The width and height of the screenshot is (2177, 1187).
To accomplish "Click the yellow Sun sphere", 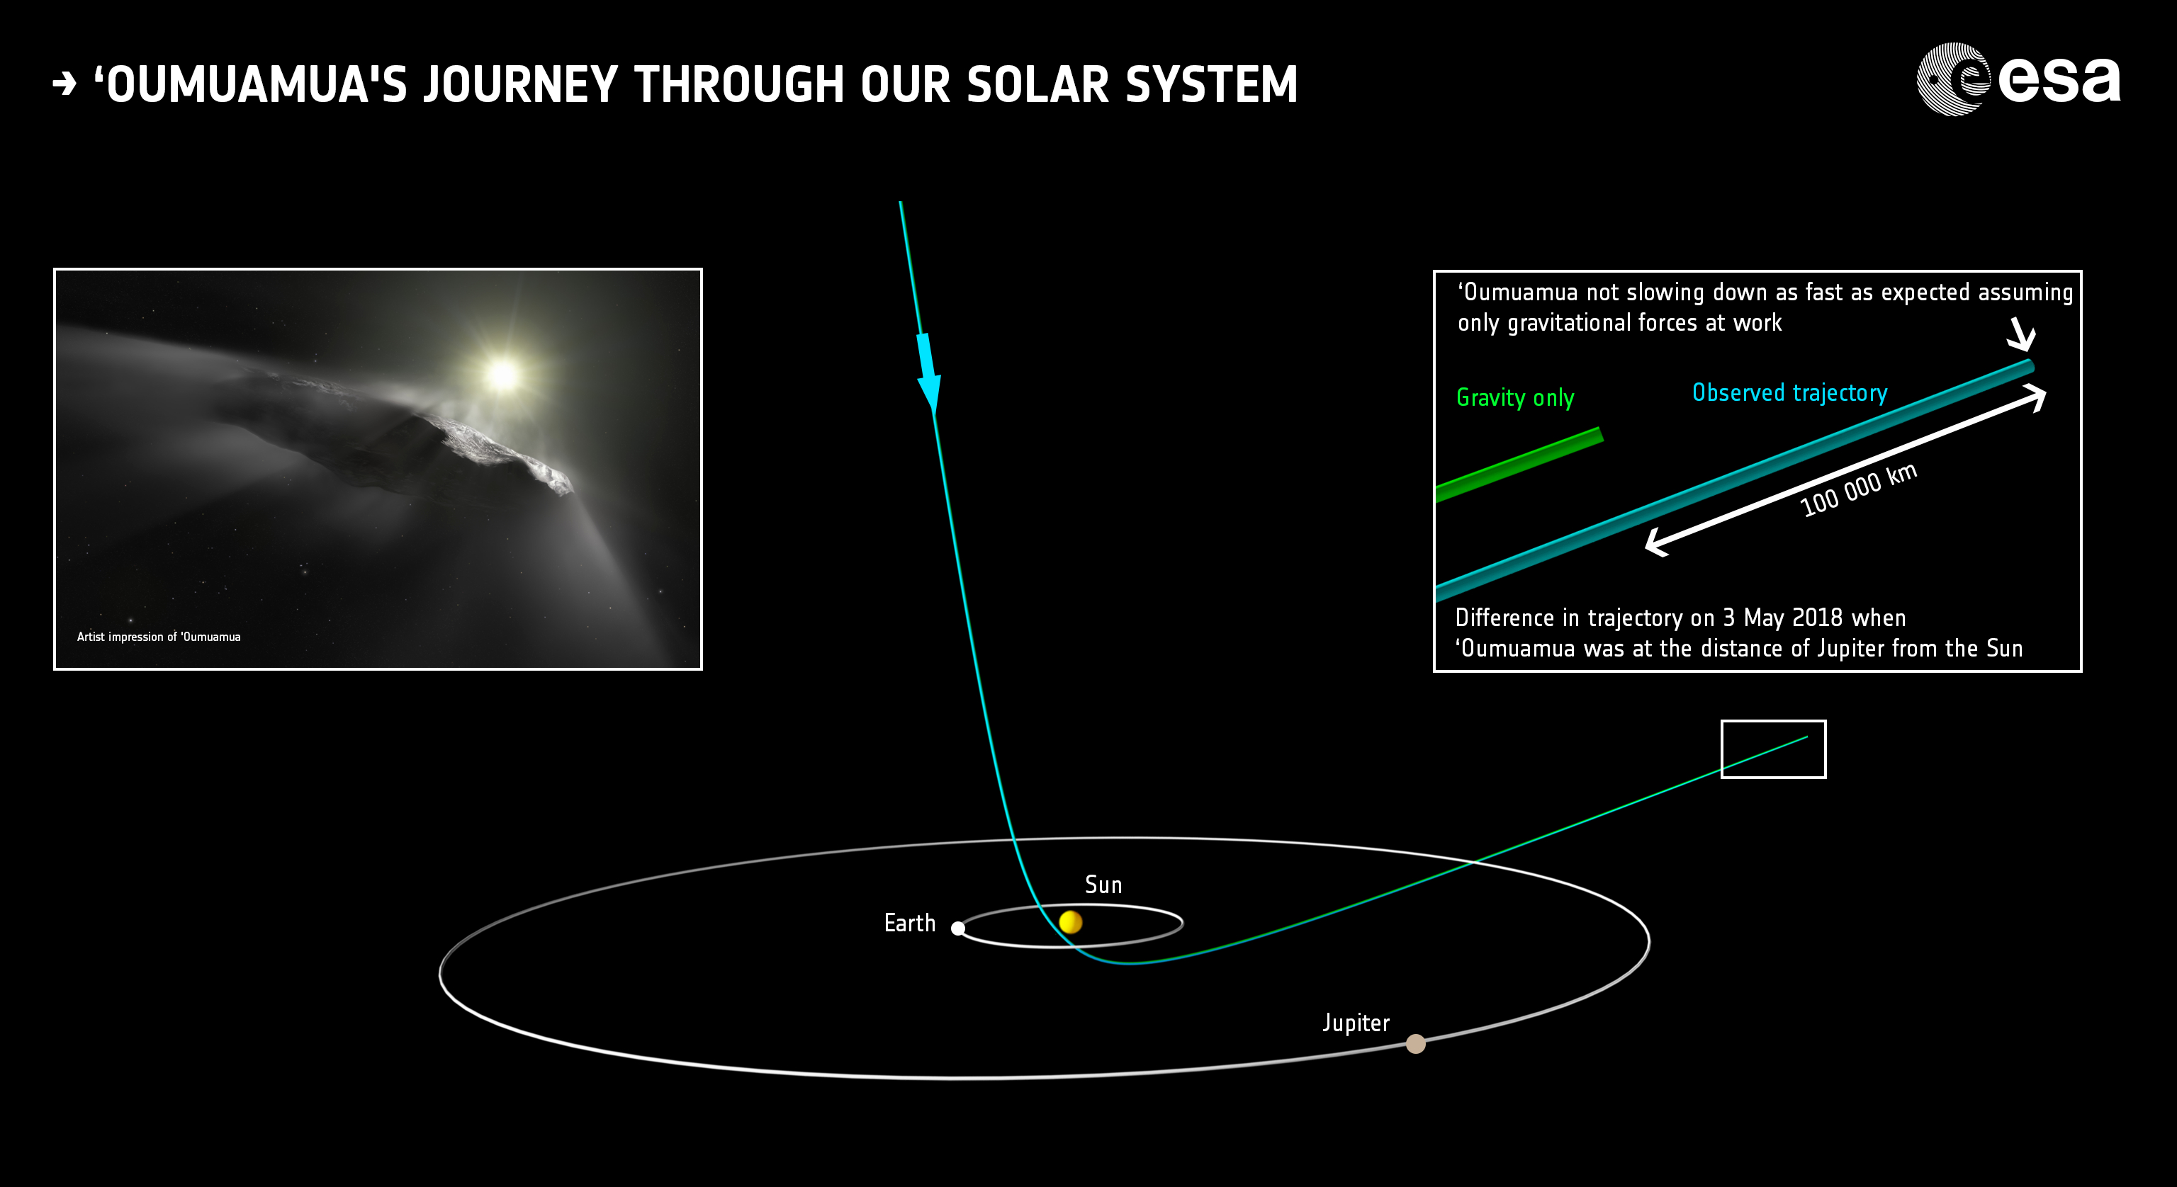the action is (1070, 921).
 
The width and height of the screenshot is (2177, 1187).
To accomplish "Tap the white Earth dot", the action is (957, 928).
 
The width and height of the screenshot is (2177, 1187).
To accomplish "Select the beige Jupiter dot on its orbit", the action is (1416, 1044).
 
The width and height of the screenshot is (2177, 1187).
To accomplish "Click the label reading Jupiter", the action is (1356, 1023).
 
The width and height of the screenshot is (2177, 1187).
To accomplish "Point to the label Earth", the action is (909, 923).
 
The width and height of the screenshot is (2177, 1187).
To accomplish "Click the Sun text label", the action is (1103, 885).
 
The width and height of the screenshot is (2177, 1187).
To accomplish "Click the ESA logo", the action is (2019, 79).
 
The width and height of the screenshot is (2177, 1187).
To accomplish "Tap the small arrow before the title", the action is (64, 84).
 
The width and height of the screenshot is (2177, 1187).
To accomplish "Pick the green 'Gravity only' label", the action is (1515, 398).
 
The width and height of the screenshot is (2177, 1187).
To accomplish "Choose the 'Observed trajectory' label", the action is (1789, 393).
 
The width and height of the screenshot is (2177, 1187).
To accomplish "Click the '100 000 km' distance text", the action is (1858, 489).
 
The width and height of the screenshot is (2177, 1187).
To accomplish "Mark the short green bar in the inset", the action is (1519, 465).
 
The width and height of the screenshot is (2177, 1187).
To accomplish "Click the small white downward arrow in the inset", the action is (2022, 334).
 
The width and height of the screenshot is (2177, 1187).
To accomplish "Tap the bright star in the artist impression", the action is (504, 374).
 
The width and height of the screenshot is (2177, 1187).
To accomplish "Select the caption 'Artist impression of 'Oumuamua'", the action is (159, 637).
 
